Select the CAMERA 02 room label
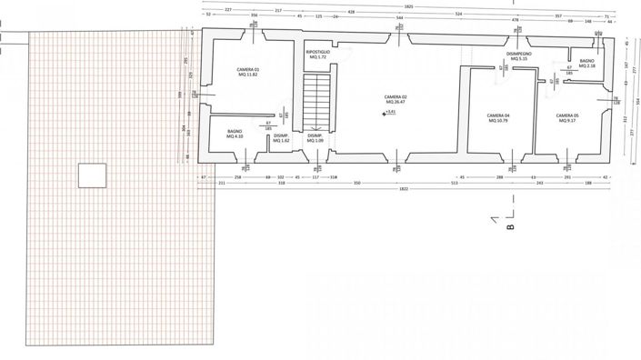point(394,99)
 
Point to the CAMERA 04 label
point(497,118)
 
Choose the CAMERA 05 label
point(567,118)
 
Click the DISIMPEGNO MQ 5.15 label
point(519,56)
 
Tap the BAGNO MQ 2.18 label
point(586,63)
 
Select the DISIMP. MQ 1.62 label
point(282,138)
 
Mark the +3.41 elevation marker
point(391,112)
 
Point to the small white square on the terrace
point(91,174)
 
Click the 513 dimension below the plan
point(452,183)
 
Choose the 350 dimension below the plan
point(356,183)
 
